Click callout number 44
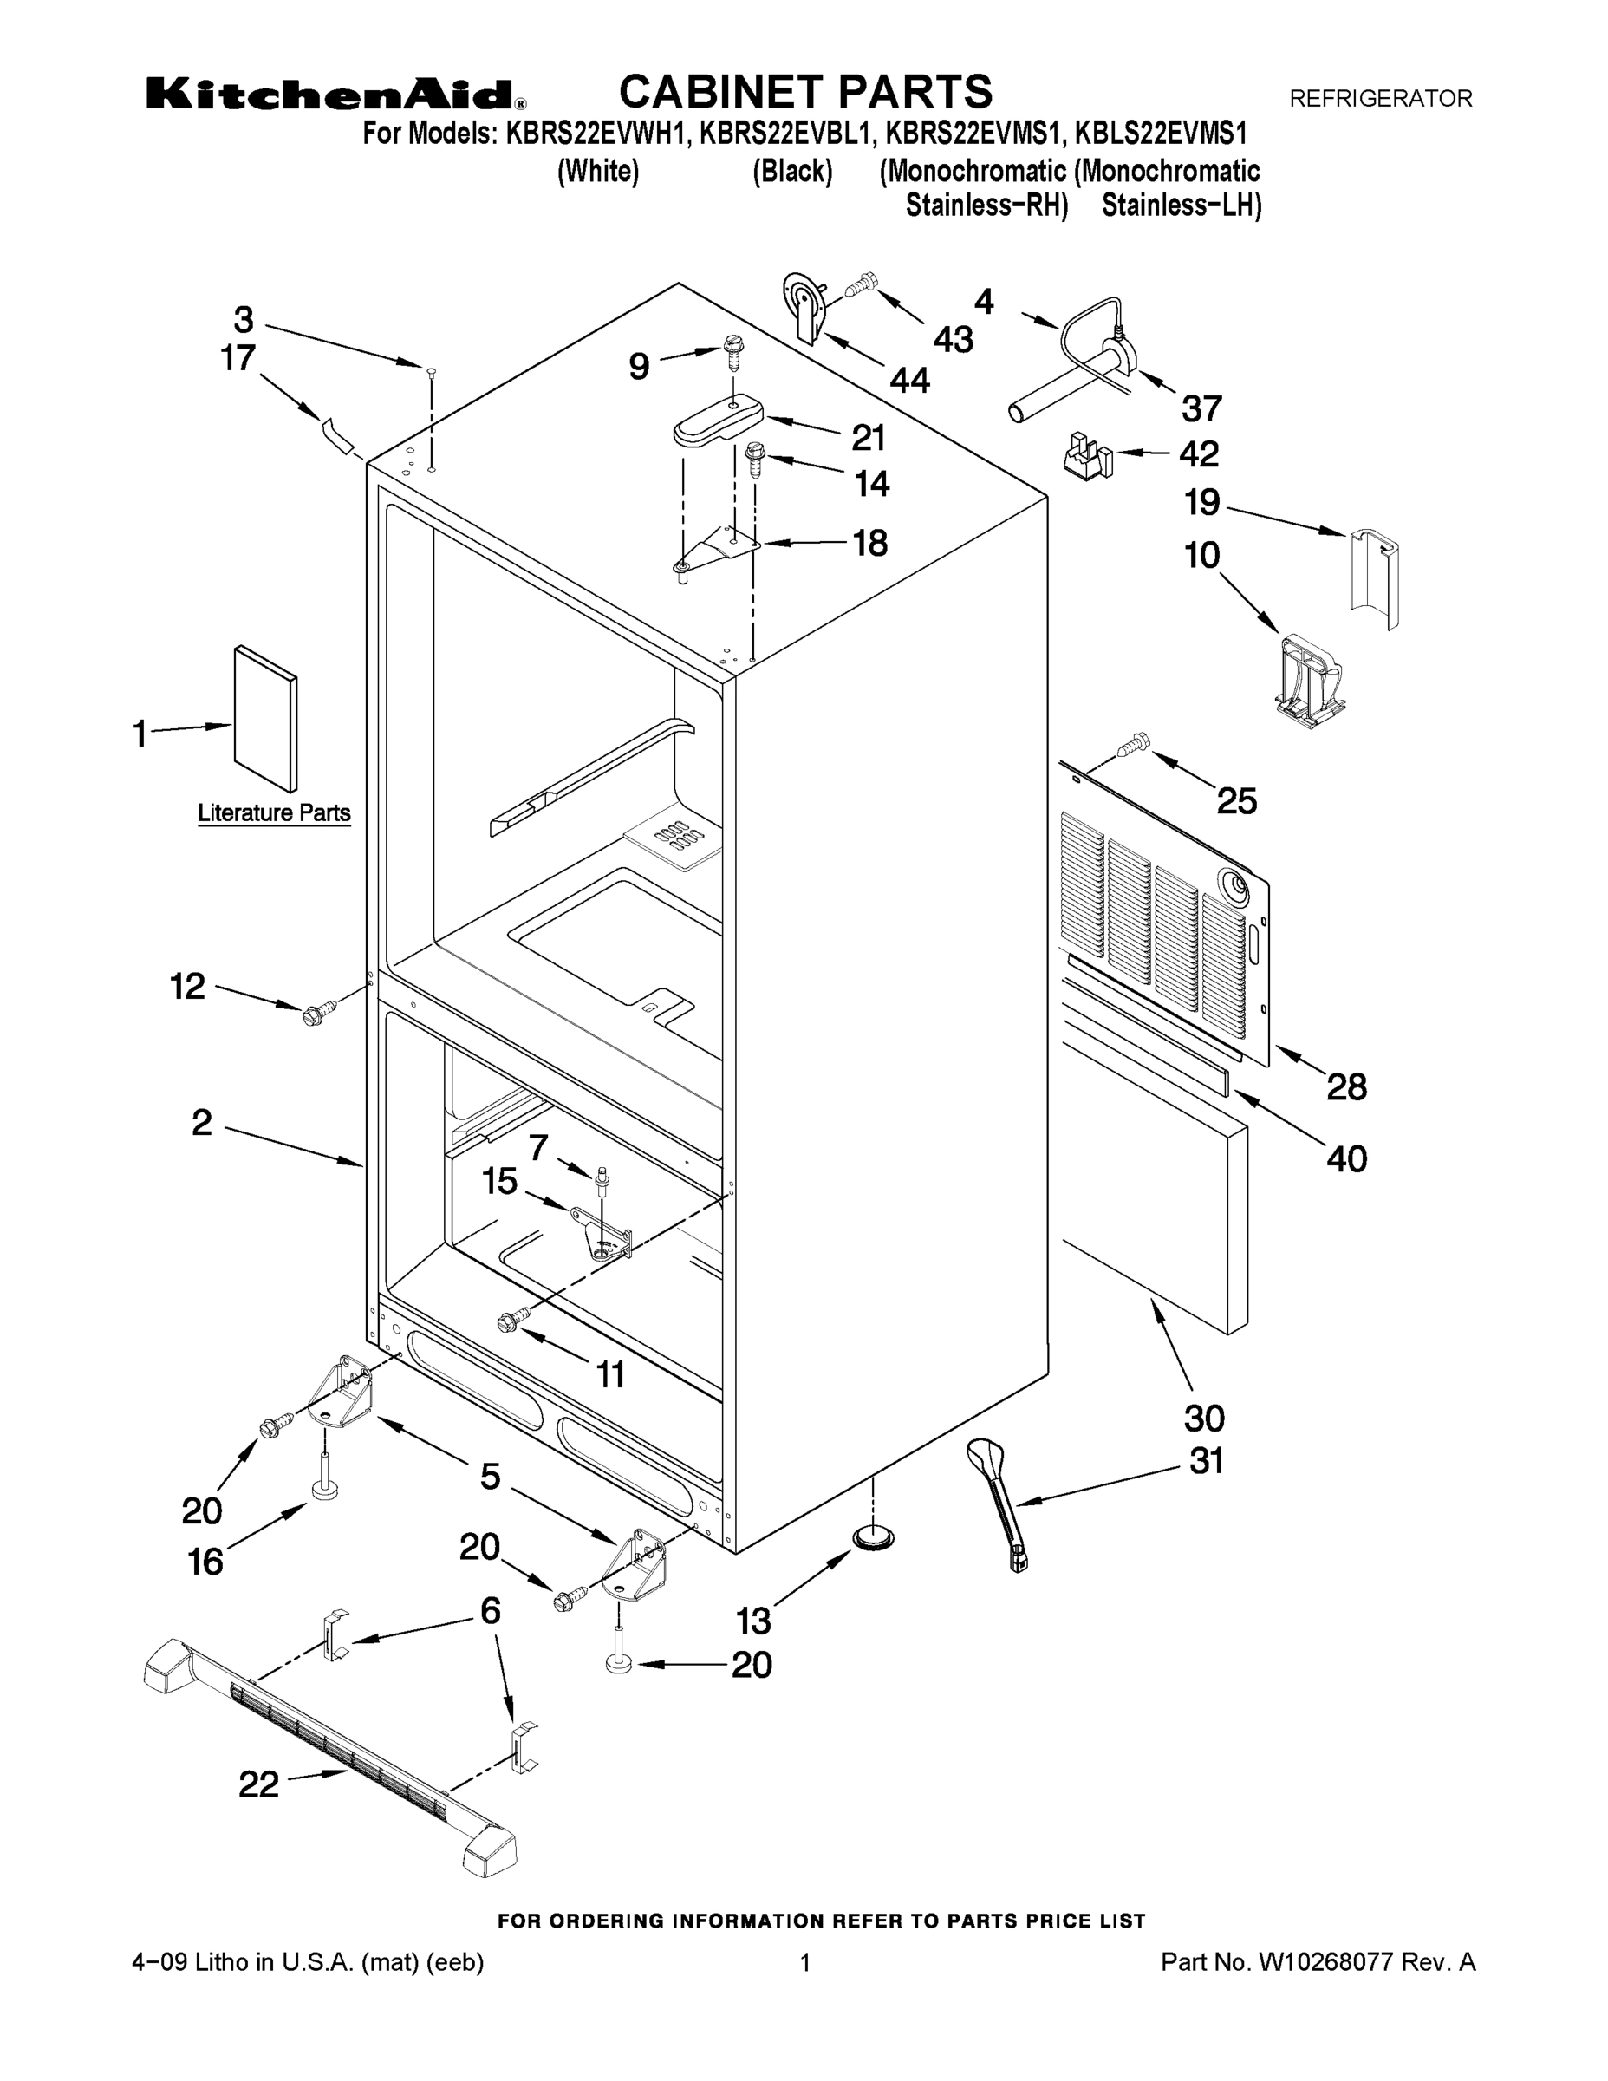tap(909, 380)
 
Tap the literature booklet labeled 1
tap(266, 719)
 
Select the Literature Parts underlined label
tap(274, 812)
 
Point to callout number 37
tap(1201, 408)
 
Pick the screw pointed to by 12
tap(318, 1013)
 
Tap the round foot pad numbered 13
tap(873, 1532)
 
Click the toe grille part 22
tap(334, 1743)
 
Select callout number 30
tap(1203, 1418)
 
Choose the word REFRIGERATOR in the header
tap(1380, 98)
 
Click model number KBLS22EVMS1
tap(1162, 134)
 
